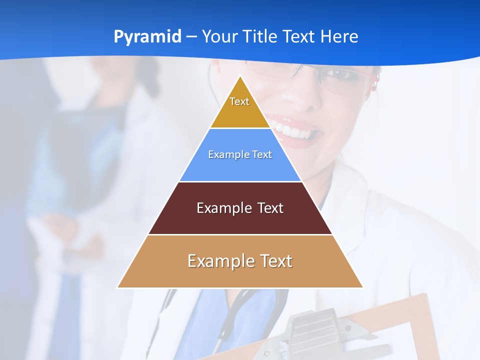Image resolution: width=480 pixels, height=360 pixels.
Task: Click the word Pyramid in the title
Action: (147, 37)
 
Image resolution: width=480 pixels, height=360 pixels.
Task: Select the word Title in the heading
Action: (260, 37)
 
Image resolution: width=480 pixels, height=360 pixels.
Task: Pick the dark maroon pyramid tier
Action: (240, 220)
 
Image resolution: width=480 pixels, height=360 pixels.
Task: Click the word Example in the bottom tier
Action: (217, 261)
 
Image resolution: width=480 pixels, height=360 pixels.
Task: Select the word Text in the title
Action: (298, 37)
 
